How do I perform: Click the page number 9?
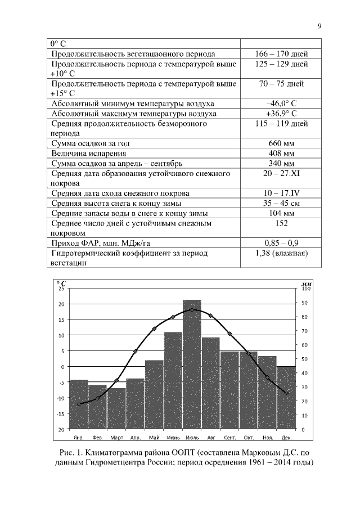319,25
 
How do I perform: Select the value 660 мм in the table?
281,143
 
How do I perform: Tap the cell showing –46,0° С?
281,104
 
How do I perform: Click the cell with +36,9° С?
281,114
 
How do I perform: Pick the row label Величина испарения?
89,153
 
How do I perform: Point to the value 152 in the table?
281,223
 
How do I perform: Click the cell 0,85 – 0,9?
281,243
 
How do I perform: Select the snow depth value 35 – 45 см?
281,204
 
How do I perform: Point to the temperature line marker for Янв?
79,404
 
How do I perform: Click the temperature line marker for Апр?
135,351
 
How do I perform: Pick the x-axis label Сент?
229,437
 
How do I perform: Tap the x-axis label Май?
154,437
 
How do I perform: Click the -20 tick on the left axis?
61,429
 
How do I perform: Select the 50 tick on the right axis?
302,359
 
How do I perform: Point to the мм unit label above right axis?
302,282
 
